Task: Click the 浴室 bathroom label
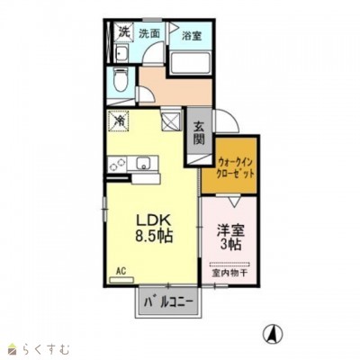(191, 37)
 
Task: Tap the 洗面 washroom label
(149, 33)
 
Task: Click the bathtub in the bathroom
(190, 66)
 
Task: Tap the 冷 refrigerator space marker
(119, 118)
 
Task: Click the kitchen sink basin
(143, 163)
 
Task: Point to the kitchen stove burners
(116, 164)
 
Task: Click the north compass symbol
(268, 334)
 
